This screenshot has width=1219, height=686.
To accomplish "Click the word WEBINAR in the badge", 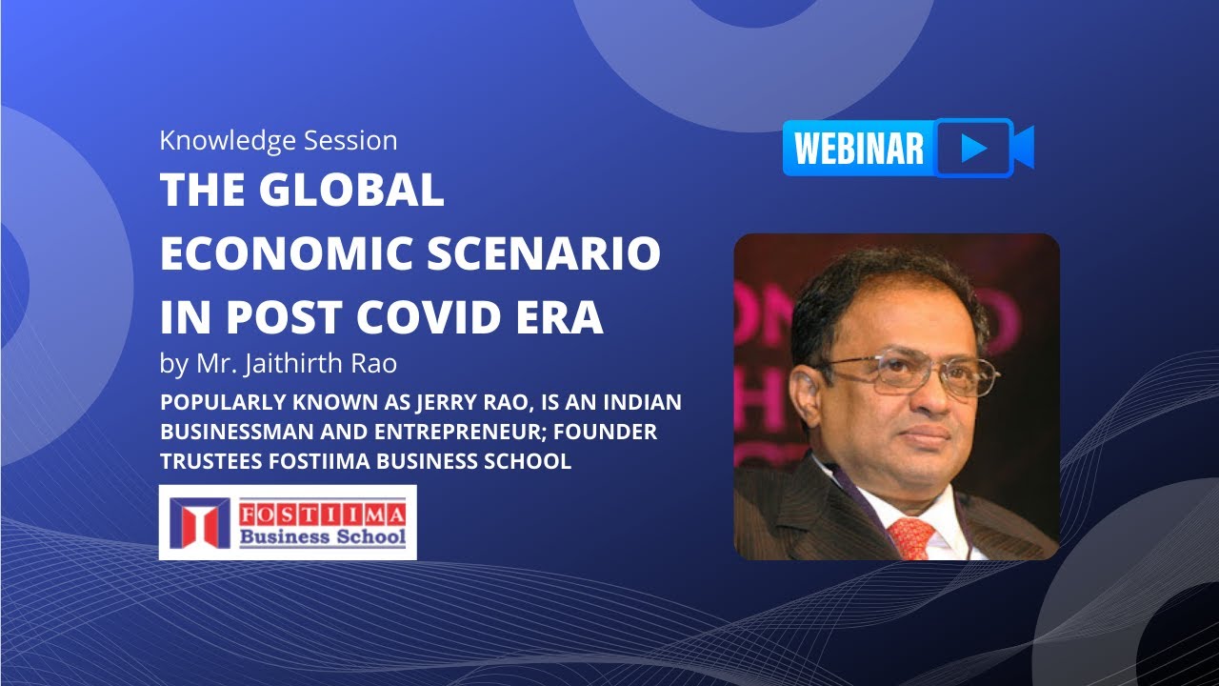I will click(858, 149).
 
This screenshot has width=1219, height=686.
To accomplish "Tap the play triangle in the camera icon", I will click(973, 148).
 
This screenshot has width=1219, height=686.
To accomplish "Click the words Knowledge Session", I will click(278, 141).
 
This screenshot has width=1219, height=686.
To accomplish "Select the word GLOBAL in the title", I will click(353, 192).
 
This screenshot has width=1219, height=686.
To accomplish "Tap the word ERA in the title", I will click(565, 317).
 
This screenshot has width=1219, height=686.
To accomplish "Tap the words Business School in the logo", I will click(322, 535).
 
